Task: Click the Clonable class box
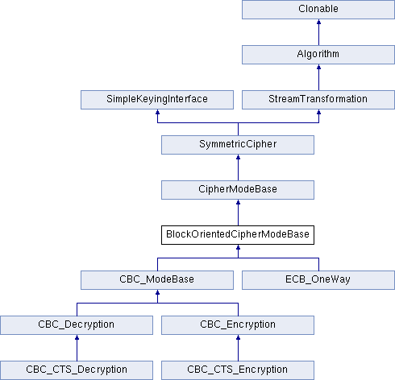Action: tap(318, 10)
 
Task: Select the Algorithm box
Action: tap(318, 55)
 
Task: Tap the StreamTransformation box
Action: tap(318, 100)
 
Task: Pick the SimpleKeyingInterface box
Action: tap(157, 100)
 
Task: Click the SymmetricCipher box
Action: tap(238, 145)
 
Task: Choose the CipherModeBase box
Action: tap(238, 190)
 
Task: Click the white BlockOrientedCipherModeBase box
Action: tap(238, 235)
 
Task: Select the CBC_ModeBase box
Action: tap(157, 280)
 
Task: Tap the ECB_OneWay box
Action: tap(318, 280)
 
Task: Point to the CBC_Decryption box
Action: tap(77, 325)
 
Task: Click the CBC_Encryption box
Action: tap(238, 325)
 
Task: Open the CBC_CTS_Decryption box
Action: tap(77, 370)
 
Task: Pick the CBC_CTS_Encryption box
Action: tap(238, 370)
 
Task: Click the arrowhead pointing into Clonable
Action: tap(318, 22)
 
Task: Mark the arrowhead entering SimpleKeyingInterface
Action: tap(157, 112)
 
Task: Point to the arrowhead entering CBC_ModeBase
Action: tap(157, 292)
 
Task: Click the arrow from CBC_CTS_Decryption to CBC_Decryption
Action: tap(77, 348)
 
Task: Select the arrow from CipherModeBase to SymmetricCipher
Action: tap(238, 167)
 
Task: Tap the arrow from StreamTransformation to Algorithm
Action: tap(318, 77)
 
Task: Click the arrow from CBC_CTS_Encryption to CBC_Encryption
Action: tap(238, 348)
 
